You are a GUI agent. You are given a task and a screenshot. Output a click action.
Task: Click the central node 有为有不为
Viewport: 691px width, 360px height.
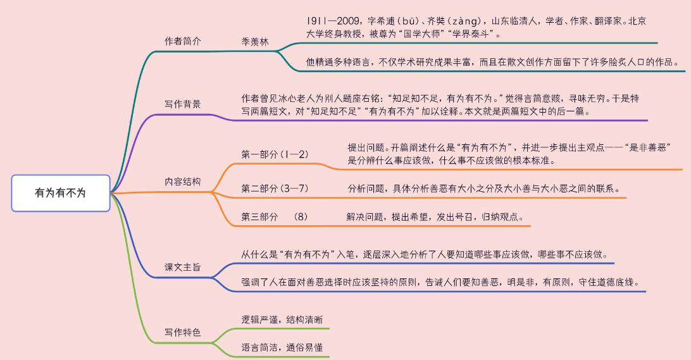click(60, 193)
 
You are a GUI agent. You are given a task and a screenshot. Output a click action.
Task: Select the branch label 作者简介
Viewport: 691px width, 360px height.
click(183, 41)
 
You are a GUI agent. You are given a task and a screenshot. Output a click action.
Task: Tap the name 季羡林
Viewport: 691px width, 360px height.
click(255, 41)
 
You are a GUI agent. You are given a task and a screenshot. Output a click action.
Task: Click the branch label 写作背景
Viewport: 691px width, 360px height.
click(183, 104)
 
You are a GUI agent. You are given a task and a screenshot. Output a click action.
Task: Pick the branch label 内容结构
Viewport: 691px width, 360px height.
click(183, 181)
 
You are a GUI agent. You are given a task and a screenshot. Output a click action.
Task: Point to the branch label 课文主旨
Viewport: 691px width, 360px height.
click(183, 267)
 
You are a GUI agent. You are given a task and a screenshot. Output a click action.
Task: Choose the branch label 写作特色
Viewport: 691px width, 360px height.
click(183, 332)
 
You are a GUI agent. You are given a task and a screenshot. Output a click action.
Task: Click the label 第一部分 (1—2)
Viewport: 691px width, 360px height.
click(275, 154)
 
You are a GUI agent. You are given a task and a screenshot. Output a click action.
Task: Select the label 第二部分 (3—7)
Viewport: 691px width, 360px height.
click(275, 189)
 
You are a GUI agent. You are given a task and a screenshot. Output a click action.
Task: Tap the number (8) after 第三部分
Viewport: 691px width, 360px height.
click(301, 216)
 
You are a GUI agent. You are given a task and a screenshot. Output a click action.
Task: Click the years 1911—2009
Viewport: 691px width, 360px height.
click(327, 21)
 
